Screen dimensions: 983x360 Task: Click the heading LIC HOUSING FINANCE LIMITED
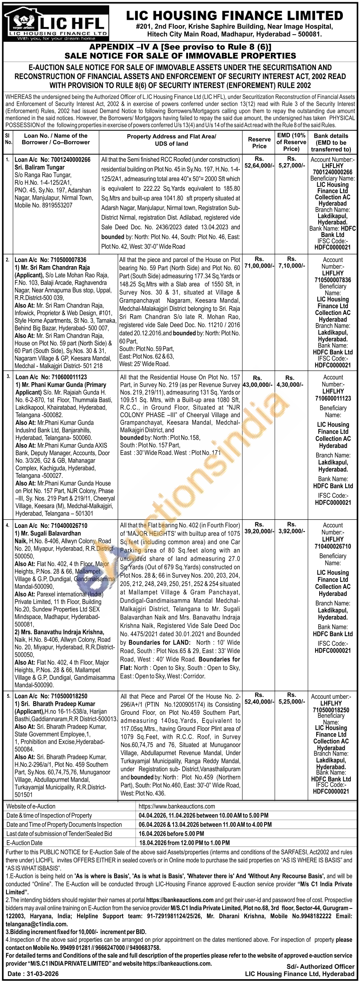pos(234,15)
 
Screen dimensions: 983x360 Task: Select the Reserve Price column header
pos(259,143)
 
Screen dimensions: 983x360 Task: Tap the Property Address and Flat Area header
pos(171,140)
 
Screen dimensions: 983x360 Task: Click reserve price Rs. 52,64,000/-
pos(259,162)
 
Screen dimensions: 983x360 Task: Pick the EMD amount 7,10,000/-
pos(292,265)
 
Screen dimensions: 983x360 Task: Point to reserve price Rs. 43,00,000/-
pos(258,384)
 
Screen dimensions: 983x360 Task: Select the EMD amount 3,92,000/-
pos(292,531)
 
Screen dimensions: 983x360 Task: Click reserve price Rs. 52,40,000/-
pos(259,702)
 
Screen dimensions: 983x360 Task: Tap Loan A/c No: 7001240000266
pos(53,159)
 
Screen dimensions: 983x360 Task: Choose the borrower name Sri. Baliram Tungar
pos(40,167)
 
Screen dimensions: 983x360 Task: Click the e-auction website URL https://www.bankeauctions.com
pos(177,806)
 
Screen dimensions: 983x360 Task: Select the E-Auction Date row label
pos(24,843)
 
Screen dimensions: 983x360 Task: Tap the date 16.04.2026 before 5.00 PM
pos(171,834)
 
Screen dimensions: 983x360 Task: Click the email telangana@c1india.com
pos(37,924)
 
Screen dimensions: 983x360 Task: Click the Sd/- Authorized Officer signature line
pos(320,966)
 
